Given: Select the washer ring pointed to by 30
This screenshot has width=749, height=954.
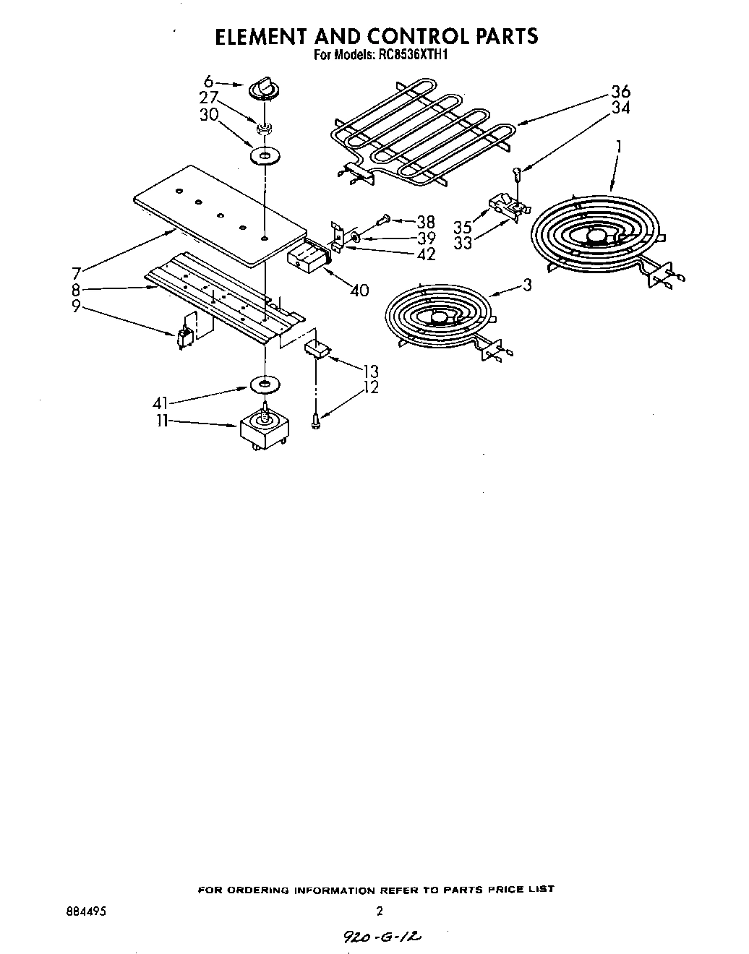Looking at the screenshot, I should [x=265, y=155].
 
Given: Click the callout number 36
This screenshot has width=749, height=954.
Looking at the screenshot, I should [x=620, y=92].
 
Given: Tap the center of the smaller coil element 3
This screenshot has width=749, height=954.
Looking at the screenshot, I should [x=438, y=315].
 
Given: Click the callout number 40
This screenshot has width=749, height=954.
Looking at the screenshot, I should [x=359, y=291].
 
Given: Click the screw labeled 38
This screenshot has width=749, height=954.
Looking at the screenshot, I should [x=384, y=218].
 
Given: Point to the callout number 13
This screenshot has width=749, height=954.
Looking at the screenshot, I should [x=370, y=372].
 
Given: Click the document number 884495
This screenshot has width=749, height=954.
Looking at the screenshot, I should [x=86, y=912].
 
